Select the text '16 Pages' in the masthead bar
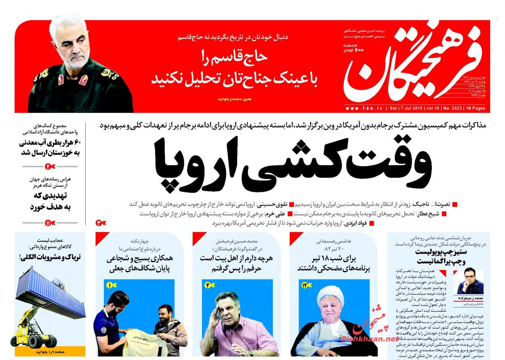(x=477, y=108)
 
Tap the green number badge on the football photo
(x=109, y=285)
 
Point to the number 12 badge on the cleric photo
(x=304, y=285)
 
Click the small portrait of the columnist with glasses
(x=470, y=281)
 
